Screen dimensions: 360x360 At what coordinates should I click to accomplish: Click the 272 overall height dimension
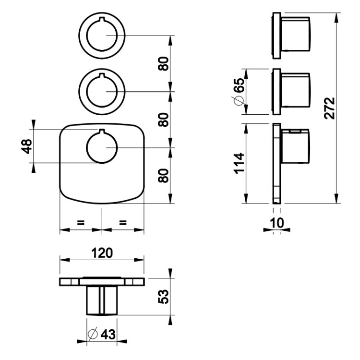330,108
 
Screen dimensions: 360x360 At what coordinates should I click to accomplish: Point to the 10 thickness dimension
277,223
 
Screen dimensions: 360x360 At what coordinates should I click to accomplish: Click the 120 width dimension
102,253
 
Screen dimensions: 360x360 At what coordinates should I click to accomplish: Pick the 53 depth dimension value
164,297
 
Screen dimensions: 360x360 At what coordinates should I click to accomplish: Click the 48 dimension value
26,146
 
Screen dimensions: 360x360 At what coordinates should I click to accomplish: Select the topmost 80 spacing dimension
164,63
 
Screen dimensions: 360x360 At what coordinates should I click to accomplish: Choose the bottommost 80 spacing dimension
164,176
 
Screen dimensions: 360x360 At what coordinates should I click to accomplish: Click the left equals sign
81,222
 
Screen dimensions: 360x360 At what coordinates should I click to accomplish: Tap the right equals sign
123,222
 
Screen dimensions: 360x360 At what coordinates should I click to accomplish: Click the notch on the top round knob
102,19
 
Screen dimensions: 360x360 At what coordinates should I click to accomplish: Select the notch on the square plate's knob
102,131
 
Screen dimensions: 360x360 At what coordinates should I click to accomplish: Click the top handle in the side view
296,34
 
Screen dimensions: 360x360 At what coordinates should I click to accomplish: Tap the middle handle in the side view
296,90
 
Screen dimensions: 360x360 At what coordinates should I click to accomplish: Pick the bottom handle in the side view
296,146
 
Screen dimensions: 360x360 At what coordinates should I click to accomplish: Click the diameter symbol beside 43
93,334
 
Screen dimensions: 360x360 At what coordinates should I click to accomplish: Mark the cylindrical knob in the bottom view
102,300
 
